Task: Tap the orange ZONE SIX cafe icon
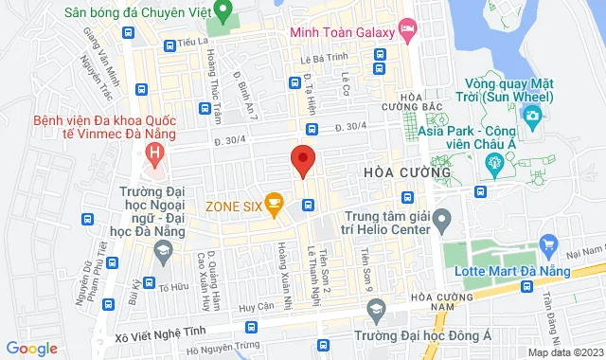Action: coord(275,201)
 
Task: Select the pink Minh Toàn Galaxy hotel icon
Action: coord(407,30)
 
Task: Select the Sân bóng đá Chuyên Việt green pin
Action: coord(223,12)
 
